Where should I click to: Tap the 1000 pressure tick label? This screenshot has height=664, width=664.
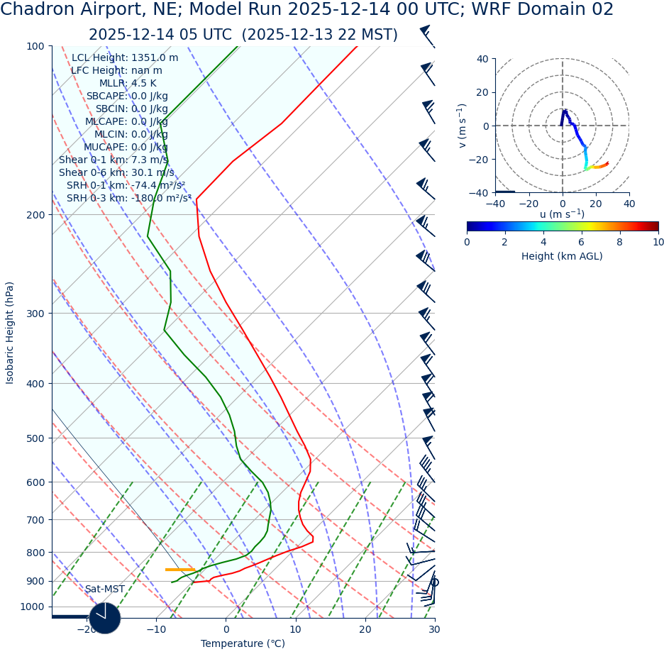(32, 607)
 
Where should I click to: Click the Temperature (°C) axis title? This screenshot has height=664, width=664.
(243, 643)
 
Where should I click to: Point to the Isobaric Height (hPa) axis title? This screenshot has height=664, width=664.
(10, 333)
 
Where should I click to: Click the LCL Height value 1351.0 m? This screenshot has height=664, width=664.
(155, 57)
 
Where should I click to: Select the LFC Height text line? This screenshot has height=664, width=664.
(116, 70)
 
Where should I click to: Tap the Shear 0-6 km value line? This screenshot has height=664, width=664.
(116, 172)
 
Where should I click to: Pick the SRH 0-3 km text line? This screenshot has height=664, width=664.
(129, 198)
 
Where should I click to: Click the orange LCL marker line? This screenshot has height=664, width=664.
(180, 570)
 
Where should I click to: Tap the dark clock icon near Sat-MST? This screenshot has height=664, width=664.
(105, 617)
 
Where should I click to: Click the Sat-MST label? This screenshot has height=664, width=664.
(105, 589)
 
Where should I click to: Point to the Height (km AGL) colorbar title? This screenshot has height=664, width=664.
(562, 256)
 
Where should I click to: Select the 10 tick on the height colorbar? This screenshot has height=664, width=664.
(658, 242)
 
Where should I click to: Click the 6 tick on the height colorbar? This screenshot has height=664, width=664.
(582, 242)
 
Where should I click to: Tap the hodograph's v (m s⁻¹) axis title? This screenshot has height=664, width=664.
(463, 126)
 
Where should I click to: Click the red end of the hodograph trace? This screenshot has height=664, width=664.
(607, 163)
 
